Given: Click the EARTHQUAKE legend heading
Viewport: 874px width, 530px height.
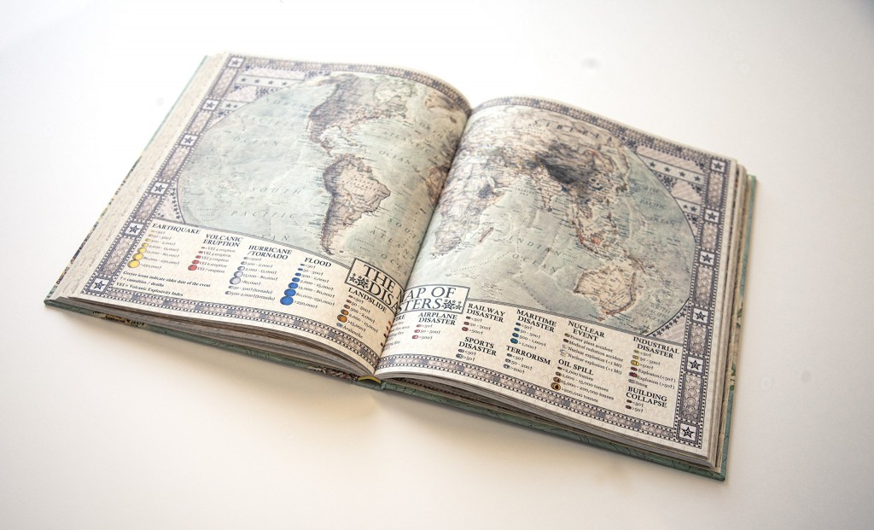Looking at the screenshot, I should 174,230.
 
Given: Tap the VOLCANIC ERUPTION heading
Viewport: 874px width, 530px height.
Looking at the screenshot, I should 223,242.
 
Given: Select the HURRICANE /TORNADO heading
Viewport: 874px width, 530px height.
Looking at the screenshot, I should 271,253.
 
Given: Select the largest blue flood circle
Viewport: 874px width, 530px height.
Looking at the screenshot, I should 288,300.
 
